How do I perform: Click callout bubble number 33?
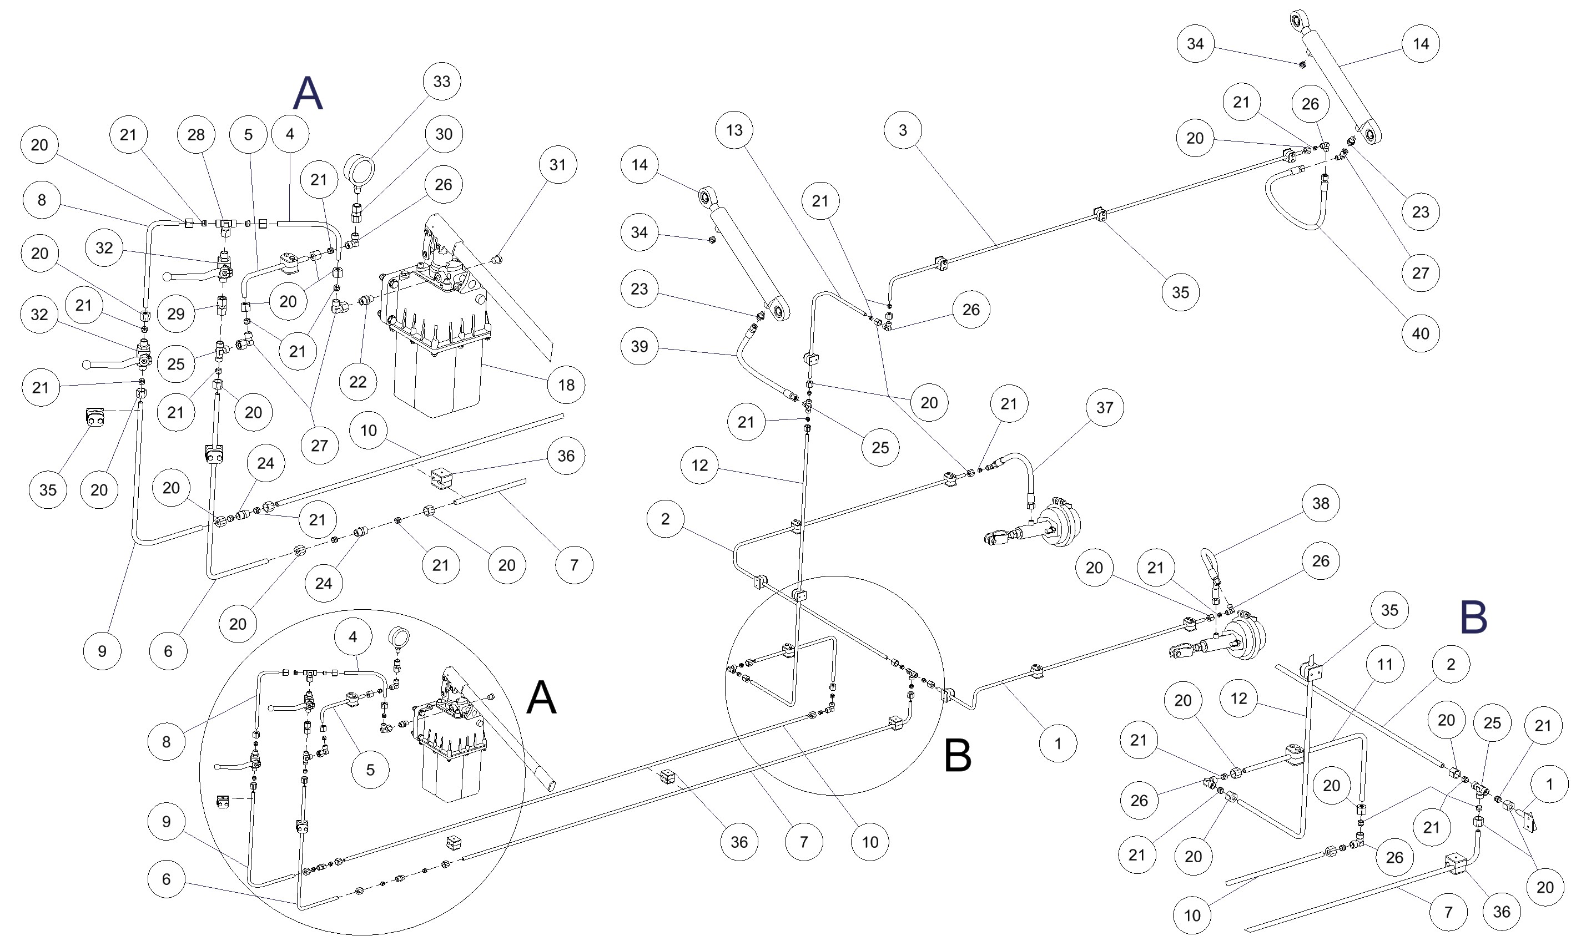[441, 81]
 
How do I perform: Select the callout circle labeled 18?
[566, 385]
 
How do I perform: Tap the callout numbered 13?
[734, 130]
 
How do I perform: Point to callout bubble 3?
[903, 130]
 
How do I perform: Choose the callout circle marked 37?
[1104, 407]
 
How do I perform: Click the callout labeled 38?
[1320, 503]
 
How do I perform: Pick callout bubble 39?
[640, 346]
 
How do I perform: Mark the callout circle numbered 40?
[1420, 333]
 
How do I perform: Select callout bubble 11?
[1384, 664]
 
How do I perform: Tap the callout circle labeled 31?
[557, 164]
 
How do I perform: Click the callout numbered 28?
[196, 134]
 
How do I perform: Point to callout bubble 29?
[175, 313]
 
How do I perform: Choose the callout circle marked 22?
[357, 382]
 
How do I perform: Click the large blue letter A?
[308, 93]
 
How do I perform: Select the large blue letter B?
[1473, 617]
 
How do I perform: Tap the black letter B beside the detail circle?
[958, 755]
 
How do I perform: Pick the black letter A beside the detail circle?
[542, 697]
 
